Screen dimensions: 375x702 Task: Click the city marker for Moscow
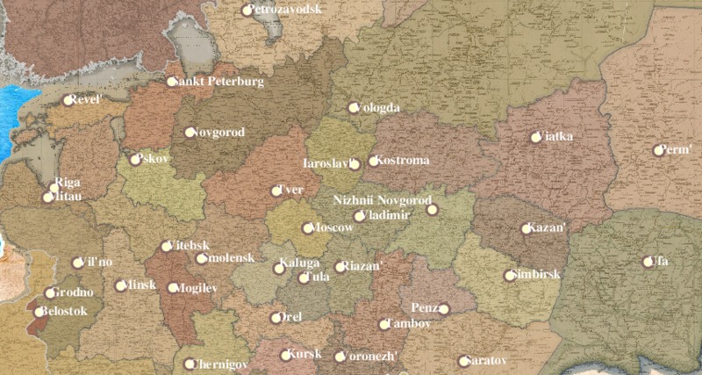307,228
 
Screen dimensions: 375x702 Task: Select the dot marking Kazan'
526,228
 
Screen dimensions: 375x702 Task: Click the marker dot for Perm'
658,150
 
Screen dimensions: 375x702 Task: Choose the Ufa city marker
649,261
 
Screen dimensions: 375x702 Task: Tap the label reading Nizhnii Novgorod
383,200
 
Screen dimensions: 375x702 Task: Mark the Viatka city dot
536,137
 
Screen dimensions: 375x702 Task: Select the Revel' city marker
68,100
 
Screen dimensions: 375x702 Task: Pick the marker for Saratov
463,361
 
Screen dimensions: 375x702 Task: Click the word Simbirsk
537,275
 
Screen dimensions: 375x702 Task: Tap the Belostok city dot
39,311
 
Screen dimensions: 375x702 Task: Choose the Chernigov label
220,364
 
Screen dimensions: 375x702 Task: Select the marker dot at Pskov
135,160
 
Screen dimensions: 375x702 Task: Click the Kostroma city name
404,161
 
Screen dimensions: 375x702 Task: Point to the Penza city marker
444,308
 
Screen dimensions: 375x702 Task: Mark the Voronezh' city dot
340,357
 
